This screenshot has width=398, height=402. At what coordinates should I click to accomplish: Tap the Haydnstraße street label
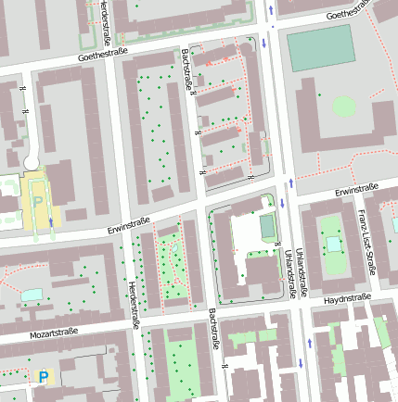tap(347, 299)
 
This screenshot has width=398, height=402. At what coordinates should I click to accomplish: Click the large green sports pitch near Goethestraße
tap(321, 47)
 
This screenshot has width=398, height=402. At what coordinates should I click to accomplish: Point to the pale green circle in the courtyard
tap(343, 105)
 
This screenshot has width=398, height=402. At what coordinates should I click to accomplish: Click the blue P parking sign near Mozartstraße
tap(43, 376)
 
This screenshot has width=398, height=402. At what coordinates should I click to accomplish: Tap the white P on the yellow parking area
tap(38, 200)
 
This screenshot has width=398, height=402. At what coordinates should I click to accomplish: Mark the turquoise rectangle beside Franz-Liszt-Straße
tap(332, 244)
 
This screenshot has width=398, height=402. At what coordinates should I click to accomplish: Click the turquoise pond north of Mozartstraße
tap(32, 294)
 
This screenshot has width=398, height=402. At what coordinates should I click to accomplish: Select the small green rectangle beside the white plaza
tap(267, 226)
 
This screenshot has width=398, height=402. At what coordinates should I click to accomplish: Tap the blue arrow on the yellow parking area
tap(50, 224)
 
